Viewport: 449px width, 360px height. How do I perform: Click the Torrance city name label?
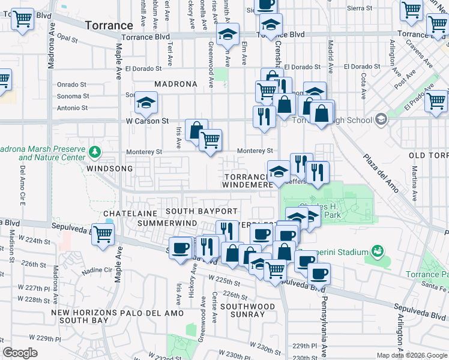[x=109, y=25]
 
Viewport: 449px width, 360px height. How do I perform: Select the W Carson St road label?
[x=147, y=121]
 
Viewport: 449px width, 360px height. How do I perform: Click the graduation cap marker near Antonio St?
[x=145, y=104]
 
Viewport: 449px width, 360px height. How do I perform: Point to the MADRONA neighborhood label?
[x=176, y=84]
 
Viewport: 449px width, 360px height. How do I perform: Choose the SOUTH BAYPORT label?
[x=202, y=211]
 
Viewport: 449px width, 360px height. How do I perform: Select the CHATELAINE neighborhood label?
[x=130, y=213]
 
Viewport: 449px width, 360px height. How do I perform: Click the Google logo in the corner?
[x=20, y=353]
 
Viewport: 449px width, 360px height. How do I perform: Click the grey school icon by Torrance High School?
[x=380, y=119]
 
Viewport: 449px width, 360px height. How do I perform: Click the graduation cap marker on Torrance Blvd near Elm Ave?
[x=228, y=35]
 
